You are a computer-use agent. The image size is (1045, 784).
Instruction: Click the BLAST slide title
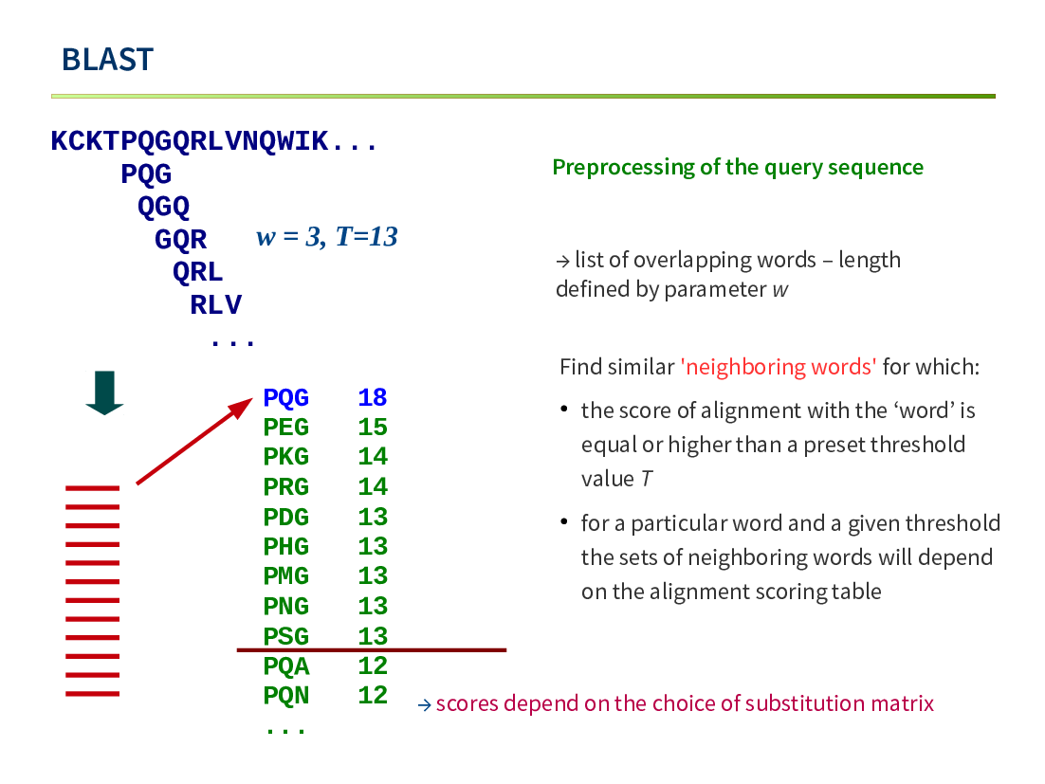(x=107, y=60)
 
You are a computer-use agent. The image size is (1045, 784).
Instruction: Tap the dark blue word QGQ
(x=164, y=207)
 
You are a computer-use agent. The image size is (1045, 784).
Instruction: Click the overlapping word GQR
(x=180, y=239)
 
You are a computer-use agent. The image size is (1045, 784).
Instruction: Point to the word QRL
(x=198, y=272)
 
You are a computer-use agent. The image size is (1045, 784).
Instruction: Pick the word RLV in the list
(x=215, y=304)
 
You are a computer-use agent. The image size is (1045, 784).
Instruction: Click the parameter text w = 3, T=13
(x=327, y=236)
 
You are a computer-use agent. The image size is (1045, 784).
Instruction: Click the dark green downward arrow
(x=104, y=393)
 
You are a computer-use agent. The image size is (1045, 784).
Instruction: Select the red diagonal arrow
(x=194, y=441)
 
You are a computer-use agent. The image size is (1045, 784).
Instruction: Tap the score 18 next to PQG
(x=373, y=397)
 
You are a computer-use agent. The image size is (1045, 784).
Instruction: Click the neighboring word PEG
(x=286, y=427)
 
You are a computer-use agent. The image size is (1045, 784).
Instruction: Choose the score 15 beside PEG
(x=373, y=427)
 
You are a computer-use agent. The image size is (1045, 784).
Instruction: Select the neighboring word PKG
(x=286, y=456)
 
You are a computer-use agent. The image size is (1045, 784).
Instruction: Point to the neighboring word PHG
(x=286, y=546)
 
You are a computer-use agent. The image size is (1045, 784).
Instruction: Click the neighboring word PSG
(x=286, y=636)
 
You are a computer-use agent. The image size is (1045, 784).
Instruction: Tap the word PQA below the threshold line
(x=286, y=665)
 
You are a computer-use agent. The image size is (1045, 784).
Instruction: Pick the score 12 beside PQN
(x=373, y=696)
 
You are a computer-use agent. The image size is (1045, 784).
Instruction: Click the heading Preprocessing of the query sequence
(x=738, y=167)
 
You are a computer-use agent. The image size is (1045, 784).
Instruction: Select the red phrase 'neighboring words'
(x=779, y=366)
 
